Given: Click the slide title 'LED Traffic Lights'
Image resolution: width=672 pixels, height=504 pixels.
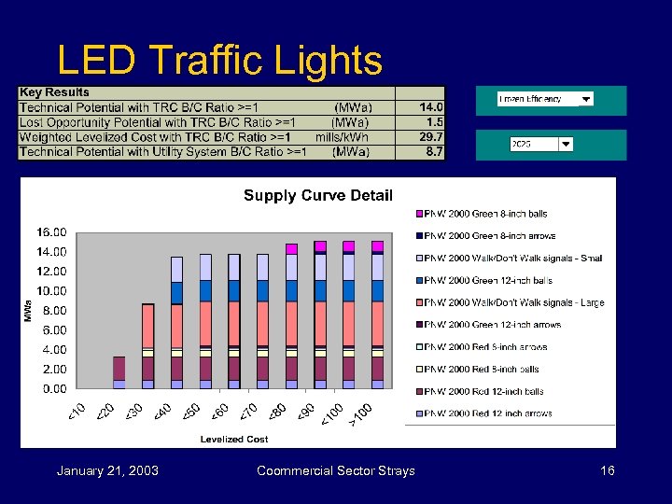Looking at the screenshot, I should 219,62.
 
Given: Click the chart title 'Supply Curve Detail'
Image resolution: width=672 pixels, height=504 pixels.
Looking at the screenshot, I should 317,195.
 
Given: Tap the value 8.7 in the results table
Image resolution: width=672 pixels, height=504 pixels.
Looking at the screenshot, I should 434,151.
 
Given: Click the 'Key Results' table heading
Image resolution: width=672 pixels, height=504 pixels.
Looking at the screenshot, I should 55,92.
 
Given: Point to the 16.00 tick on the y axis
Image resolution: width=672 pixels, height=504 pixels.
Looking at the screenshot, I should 51,231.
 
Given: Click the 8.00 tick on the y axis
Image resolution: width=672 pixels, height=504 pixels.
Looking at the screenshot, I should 53,310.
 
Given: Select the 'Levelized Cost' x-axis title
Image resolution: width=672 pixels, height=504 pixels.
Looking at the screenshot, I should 233,439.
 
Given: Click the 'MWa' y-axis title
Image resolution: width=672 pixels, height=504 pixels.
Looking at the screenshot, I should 28,311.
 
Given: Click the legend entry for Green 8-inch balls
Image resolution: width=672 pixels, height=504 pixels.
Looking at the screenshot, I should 485,214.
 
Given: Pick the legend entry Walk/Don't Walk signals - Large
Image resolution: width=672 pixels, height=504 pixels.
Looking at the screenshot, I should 513,302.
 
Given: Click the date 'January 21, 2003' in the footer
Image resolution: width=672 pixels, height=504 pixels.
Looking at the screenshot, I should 107,470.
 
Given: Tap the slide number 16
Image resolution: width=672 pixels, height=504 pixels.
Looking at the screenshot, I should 607,470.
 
